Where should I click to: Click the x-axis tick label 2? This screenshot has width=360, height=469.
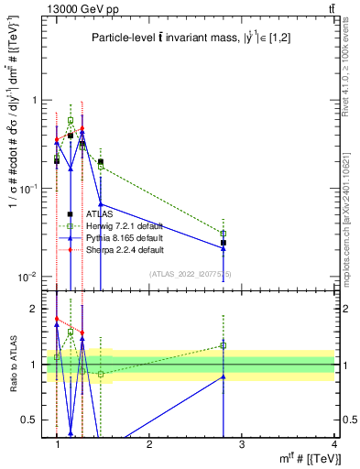pyautogui.click(x=149, y=443)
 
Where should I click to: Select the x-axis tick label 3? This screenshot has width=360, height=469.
pyautogui.click(x=241, y=443)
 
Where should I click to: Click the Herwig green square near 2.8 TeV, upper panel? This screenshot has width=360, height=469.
pyautogui.click(x=224, y=234)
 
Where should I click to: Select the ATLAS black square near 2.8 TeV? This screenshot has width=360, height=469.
pyautogui.click(x=224, y=243)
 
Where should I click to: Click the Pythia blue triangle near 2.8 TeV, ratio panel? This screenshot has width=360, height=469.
pyautogui.click(x=224, y=376)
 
